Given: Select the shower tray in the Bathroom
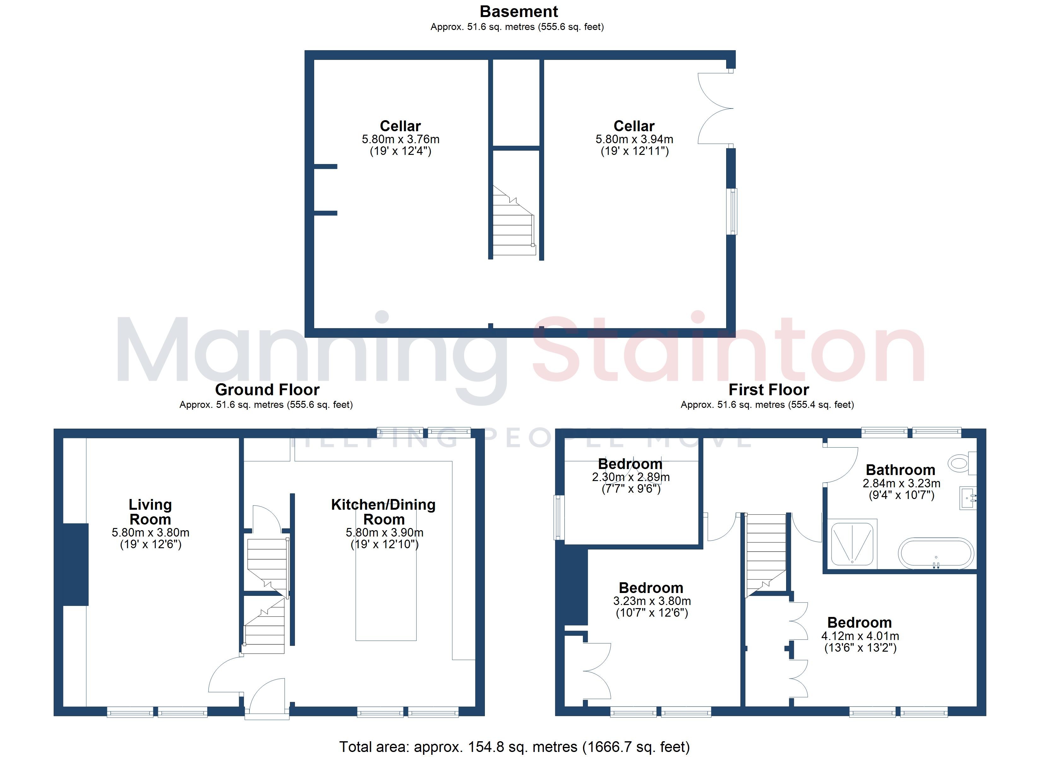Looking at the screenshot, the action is pos(853,543).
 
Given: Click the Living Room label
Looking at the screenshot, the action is pos(150,512).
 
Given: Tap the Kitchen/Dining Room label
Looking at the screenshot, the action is pos(384,512).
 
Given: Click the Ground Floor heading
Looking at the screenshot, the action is pos(267,390).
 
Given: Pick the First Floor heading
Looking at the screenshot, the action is pos(769,390).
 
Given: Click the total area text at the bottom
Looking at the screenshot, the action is pos(515,747).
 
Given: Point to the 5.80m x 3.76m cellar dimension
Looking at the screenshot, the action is pos(401,139).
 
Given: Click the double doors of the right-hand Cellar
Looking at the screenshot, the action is pos(715,109).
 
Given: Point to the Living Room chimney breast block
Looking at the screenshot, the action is pos(75,564).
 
